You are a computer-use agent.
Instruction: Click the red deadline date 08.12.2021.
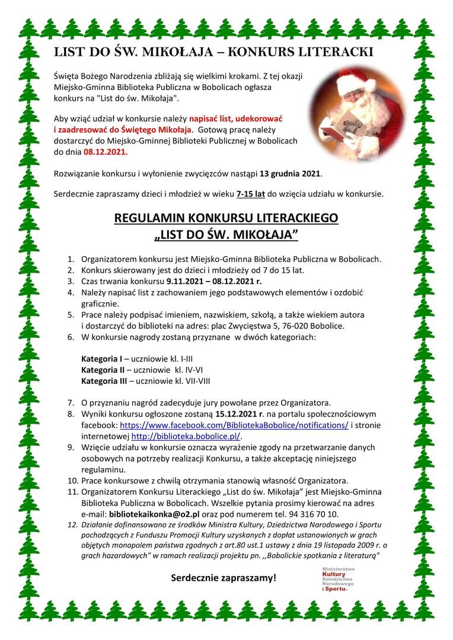(x=106, y=152)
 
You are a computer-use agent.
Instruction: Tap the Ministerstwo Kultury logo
(x=338, y=578)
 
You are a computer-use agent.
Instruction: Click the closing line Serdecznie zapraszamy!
(x=224, y=577)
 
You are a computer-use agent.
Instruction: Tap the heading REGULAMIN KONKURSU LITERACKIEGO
(x=226, y=218)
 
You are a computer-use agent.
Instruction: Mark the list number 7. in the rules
(x=71, y=402)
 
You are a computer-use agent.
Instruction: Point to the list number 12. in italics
(x=72, y=525)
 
